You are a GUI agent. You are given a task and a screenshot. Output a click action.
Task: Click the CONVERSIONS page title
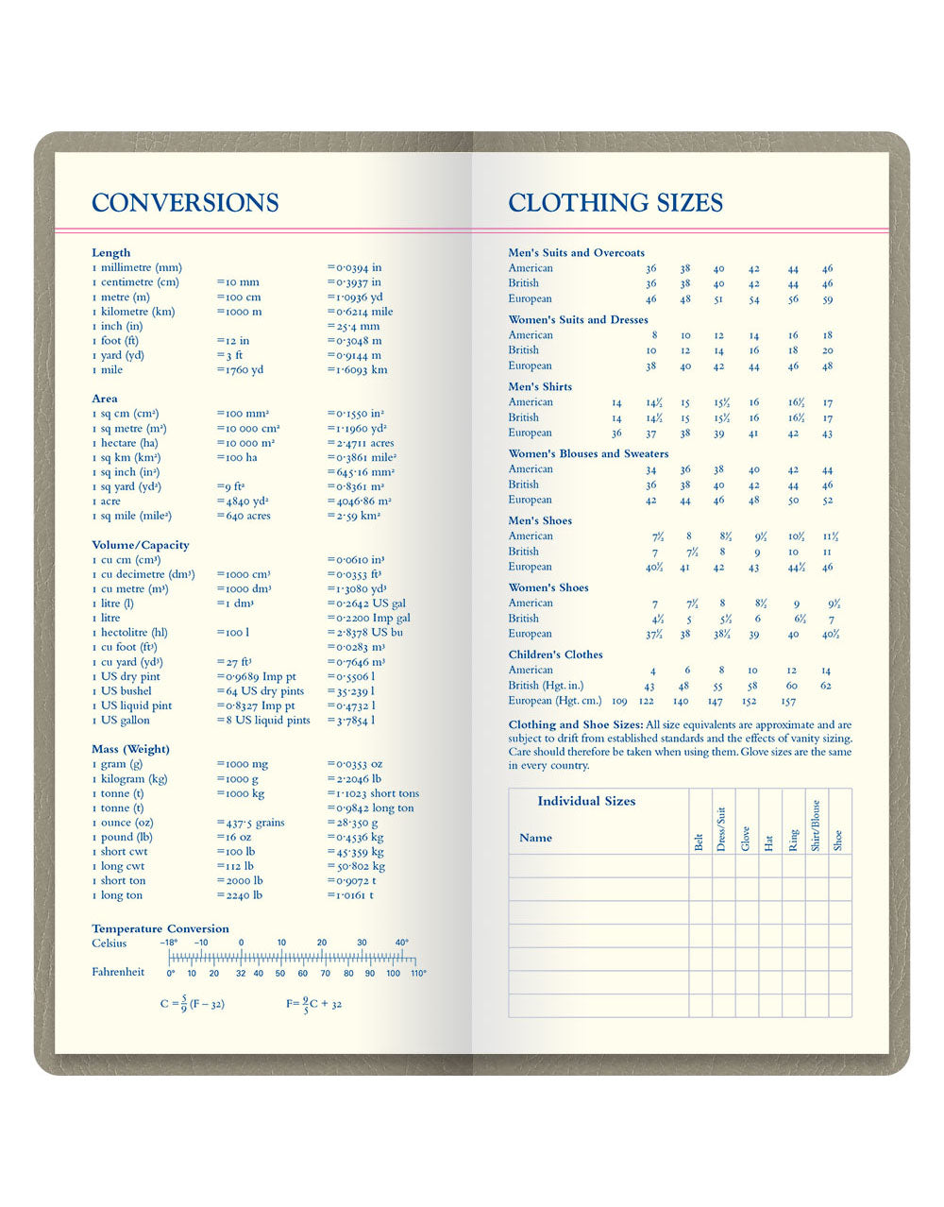pyautogui.click(x=185, y=203)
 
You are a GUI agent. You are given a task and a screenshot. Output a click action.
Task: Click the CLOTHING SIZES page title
pyautogui.click(x=615, y=203)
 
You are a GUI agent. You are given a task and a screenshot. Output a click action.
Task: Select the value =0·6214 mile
pyautogui.click(x=360, y=312)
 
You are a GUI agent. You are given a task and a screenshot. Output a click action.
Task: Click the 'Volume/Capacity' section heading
pyautogui.click(x=141, y=545)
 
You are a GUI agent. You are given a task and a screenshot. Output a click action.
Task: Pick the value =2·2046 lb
pyautogui.click(x=354, y=779)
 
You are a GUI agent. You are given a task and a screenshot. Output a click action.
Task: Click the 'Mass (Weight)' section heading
pyautogui.click(x=131, y=749)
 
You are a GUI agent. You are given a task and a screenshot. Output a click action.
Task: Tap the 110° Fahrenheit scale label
pyautogui.click(x=418, y=973)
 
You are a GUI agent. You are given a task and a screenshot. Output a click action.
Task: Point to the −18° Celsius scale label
pyautogui.click(x=169, y=943)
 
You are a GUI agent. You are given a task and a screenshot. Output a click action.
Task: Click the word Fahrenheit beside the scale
pyautogui.click(x=118, y=972)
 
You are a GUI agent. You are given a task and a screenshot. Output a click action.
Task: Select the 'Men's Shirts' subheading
pyautogui.click(x=540, y=386)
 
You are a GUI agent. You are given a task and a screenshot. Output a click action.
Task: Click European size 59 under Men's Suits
pyautogui.click(x=827, y=298)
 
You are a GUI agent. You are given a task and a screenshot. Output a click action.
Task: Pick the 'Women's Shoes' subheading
pyautogui.click(x=548, y=587)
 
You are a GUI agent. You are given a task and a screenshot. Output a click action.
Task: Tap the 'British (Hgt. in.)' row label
pyautogui.click(x=546, y=686)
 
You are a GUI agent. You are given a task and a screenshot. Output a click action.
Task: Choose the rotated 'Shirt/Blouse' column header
pyautogui.click(x=816, y=825)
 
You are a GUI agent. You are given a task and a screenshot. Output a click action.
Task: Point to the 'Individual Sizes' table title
pyautogui.click(x=586, y=801)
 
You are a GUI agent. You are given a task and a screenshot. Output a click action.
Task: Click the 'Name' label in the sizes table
pyautogui.click(x=535, y=838)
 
